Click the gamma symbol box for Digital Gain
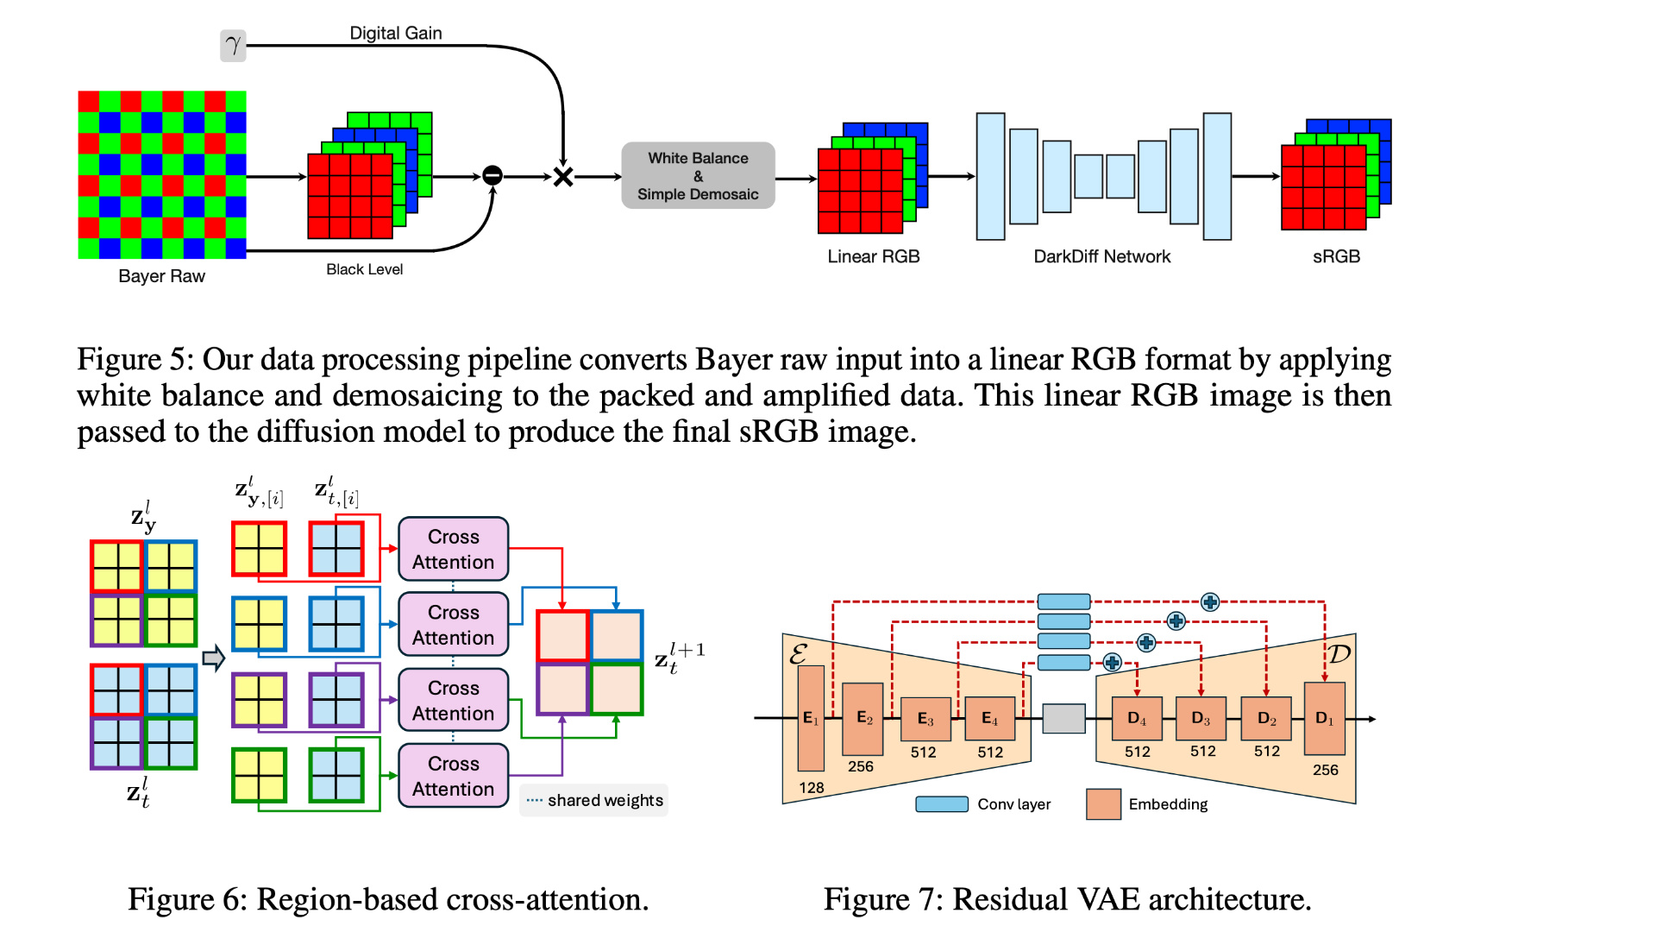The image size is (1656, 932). tap(233, 46)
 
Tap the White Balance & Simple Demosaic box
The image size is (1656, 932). tap(698, 176)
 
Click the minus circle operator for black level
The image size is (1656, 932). tap(492, 176)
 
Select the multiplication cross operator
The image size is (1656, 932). tap(563, 177)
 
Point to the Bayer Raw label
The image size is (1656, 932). tap(161, 276)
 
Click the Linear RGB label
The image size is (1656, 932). tap(873, 256)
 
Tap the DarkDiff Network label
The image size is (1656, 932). tap(1101, 256)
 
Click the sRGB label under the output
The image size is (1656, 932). tap(1336, 256)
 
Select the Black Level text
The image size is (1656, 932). tap(364, 269)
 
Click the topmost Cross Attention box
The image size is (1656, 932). tap(453, 549)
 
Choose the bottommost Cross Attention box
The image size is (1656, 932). tap(453, 776)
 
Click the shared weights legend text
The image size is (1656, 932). tap(605, 801)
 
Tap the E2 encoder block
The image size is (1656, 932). tap(862, 719)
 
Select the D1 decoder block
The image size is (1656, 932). tap(1324, 719)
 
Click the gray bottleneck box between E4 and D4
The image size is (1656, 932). tap(1063, 719)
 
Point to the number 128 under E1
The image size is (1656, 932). tap(811, 788)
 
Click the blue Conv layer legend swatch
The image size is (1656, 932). tap(941, 804)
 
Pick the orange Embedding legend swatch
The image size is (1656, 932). tap(1103, 804)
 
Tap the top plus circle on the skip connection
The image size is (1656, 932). tap(1210, 602)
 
